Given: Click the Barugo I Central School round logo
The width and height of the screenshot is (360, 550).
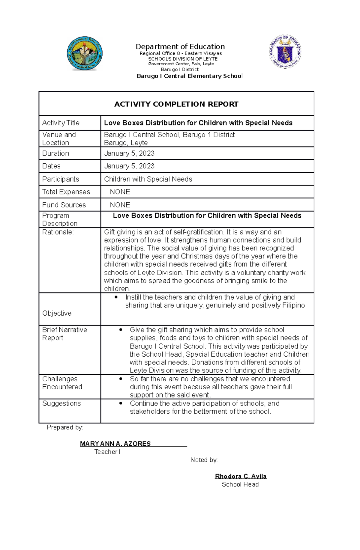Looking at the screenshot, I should pyautogui.click(x=85, y=54).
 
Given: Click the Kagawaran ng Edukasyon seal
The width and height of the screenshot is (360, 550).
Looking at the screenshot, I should pyautogui.click(x=285, y=52).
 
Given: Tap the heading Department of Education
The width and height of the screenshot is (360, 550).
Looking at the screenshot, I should pyautogui.click(x=180, y=46).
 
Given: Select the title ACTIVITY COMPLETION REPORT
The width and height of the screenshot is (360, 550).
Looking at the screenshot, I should pyautogui.click(x=176, y=104).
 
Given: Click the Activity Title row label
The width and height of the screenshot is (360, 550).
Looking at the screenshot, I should pyautogui.click(x=61, y=123).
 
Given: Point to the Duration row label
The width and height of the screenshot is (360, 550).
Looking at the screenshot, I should pyautogui.click(x=55, y=153).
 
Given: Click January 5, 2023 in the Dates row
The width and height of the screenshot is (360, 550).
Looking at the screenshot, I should pyautogui.click(x=129, y=166).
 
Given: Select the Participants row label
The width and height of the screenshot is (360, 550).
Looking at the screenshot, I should pyautogui.click(x=61, y=179).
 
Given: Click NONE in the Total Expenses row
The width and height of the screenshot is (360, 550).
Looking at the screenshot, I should pyautogui.click(x=120, y=192).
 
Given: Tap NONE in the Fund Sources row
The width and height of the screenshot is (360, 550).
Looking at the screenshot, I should pyautogui.click(x=120, y=205).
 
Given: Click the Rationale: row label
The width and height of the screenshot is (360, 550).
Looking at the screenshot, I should pyautogui.click(x=58, y=232).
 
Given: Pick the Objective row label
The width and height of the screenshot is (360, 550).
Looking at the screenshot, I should pyautogui.click(x=57, y=313).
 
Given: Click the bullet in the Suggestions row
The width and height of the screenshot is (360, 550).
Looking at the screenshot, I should pyautogui.click(x=121, y=403).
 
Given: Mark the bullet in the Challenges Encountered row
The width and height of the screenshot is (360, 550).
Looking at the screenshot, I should pyautogui.click(x=121, y=379).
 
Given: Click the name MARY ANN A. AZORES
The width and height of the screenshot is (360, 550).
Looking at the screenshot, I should pyautogui.click(x=115, y=444).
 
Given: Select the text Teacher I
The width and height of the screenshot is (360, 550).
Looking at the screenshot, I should pyautogui.click(x=107, y=452).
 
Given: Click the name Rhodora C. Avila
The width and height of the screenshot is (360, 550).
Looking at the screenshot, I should pyautogui.click(x=241, y=476).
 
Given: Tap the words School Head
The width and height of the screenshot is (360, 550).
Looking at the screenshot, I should pyautogui.click(x=240, y=484).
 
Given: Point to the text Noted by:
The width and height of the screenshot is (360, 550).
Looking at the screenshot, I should pyautogui.click(x=204, y=460).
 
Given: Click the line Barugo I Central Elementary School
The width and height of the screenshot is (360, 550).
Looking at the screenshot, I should pyautogui.click(x=189, y=76).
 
